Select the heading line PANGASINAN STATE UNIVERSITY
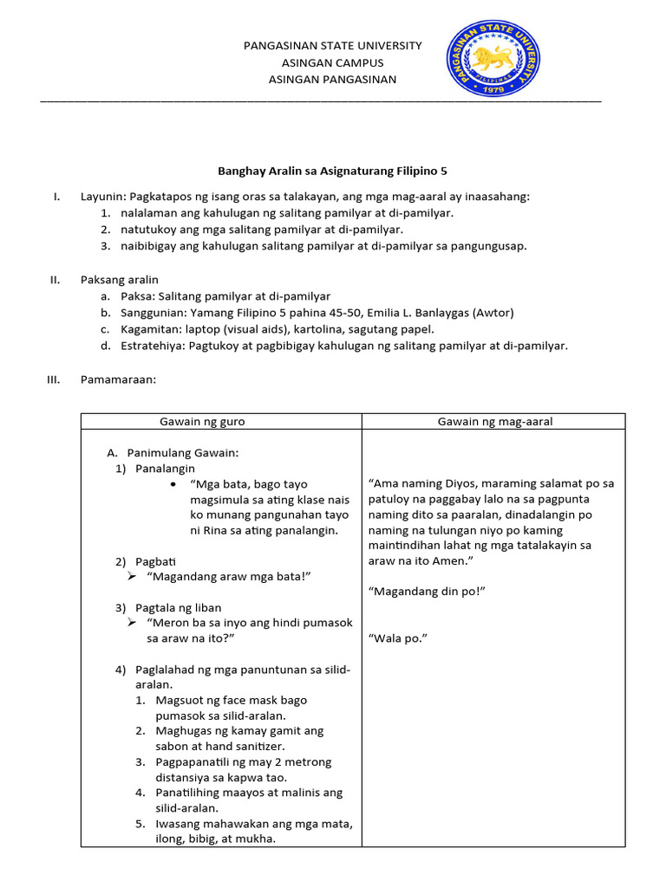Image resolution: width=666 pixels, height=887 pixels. [332, 45]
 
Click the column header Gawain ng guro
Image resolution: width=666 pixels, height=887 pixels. [202, 422]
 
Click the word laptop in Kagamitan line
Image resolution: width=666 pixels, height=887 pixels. [197, 328]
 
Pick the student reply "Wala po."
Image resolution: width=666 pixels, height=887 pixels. [398, 639]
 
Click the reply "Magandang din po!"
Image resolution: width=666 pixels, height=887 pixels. [426, 591]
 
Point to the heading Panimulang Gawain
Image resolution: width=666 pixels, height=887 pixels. [182, 453]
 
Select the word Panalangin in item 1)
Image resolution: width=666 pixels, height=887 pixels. [165, 469]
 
